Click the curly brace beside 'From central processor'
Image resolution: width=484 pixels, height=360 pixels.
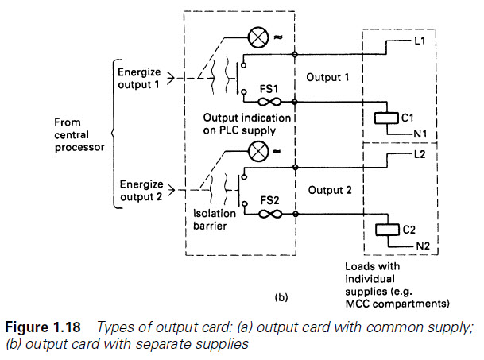pos(114,134)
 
